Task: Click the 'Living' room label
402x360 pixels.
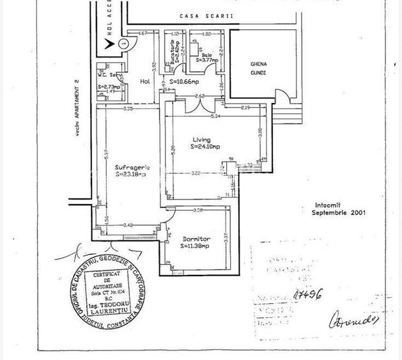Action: click(x=202, y=139)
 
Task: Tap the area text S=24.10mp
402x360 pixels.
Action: click(x=205, y=146)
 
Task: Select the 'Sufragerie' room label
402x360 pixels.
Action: click(x=132, y=167)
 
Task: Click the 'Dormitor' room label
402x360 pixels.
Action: click(x=196, y=239)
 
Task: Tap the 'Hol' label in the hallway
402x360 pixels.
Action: click(x=144, y=81)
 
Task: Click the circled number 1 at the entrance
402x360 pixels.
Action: click(x=123, y=43)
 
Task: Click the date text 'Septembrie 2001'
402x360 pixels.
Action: click(x=339, y=213)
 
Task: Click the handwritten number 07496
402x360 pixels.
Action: click(x=307, y=294)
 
